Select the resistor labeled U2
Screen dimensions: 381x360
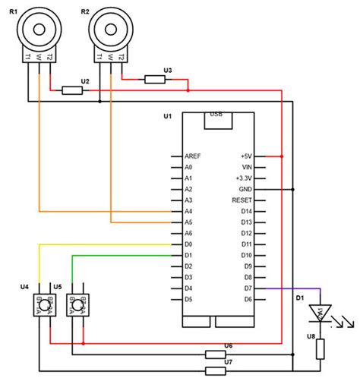73,90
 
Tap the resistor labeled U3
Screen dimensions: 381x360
155,79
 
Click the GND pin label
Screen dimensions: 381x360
245,189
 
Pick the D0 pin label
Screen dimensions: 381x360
188,244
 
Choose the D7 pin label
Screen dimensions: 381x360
246,289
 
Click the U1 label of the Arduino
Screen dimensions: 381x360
168,116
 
